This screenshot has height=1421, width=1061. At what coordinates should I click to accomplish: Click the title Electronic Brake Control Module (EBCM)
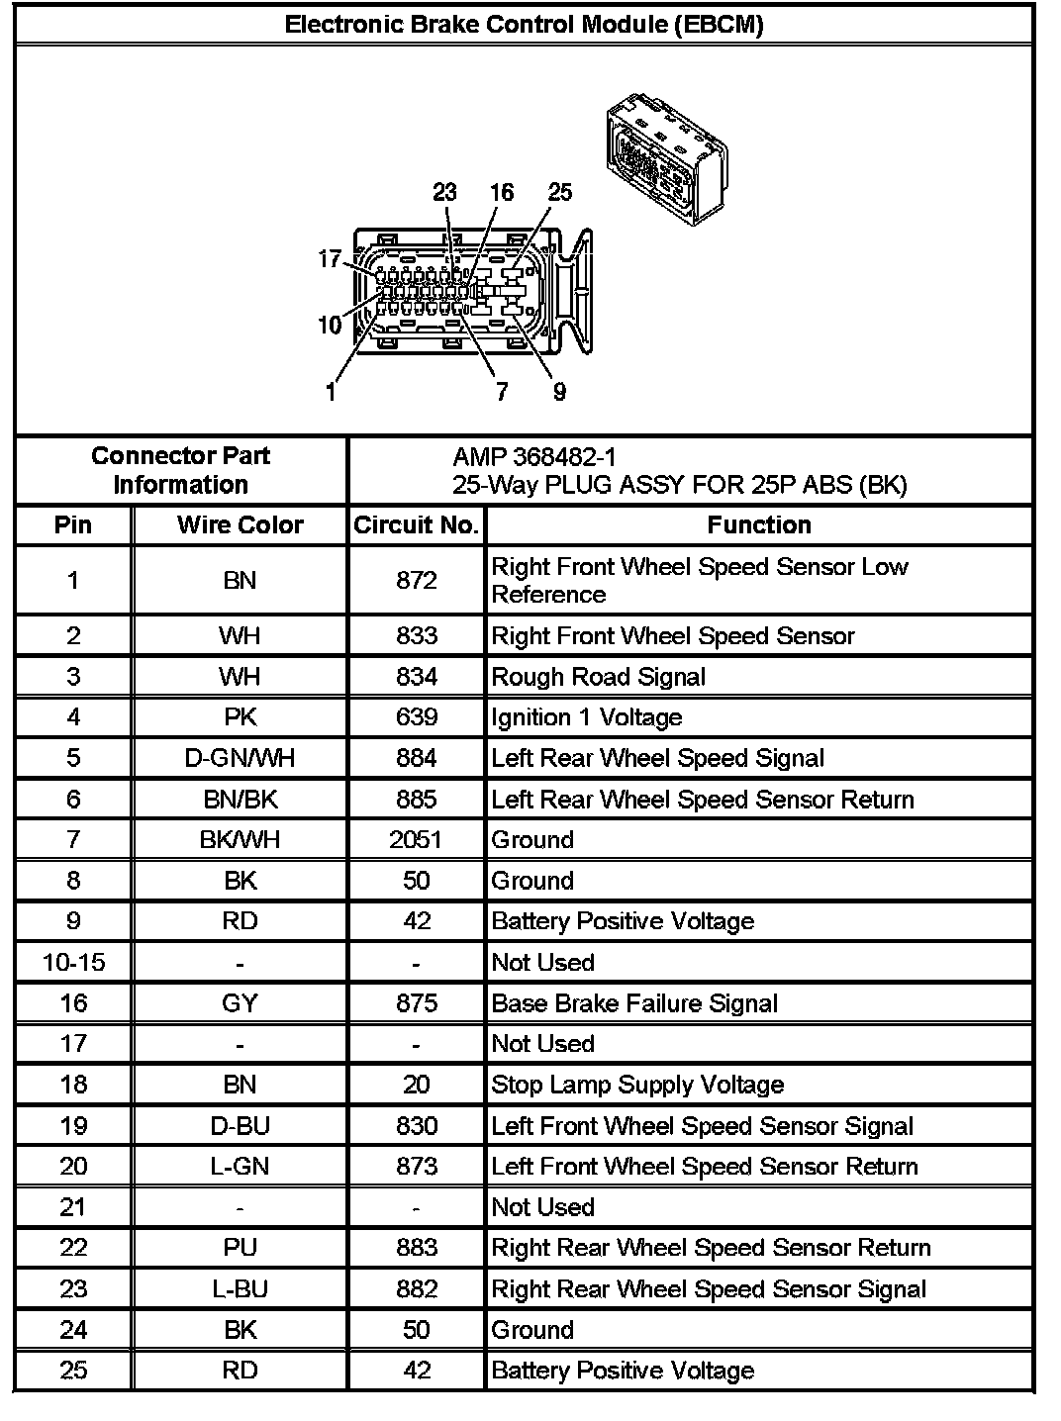[x=524, y=25]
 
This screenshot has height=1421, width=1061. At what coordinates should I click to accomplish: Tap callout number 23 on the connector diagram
[x=444, y=192]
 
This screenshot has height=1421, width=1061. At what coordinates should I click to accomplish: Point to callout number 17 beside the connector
[x=330, y=259]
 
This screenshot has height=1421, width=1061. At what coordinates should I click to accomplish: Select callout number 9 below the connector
[x=559, y=392]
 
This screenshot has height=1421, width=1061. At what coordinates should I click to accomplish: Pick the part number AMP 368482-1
[x=533, y=456]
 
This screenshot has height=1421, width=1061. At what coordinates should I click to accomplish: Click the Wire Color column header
[x=240, y=525]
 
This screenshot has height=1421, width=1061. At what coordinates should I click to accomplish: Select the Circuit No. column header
[x=416, y=525]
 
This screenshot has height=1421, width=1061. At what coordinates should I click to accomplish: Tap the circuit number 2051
[x=416, y=840]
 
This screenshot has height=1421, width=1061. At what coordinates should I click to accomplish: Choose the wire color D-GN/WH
[x=240, y=759]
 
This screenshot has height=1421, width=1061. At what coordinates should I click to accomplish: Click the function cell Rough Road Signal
[x=599, y=677]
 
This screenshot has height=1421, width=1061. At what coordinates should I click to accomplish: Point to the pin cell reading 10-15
[x=73, y=963]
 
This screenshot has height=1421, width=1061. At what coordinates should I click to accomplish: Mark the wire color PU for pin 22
[x=240, y=1248]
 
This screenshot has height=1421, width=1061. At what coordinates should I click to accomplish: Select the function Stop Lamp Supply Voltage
[x=637, y=1085]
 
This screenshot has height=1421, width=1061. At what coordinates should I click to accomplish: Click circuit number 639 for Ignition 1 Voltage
[x=416, y=717]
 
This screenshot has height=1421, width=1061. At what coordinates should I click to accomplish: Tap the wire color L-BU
[x=240, y=1289]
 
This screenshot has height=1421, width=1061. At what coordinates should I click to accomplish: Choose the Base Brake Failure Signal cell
[x=634, y=1003]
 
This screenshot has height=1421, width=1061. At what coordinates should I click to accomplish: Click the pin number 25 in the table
[x=73, y=1371]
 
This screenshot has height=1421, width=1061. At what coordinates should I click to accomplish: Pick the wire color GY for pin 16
[x=240, y=1003]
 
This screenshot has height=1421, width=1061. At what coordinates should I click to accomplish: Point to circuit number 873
[x=416, y=1167]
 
